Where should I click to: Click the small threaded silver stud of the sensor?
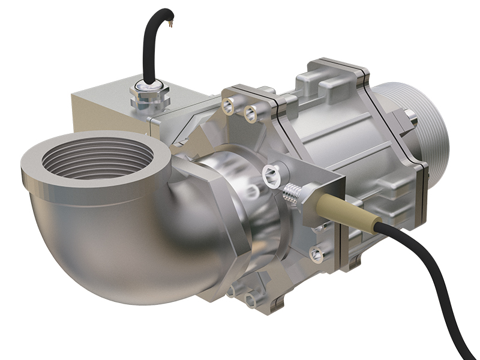291,191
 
